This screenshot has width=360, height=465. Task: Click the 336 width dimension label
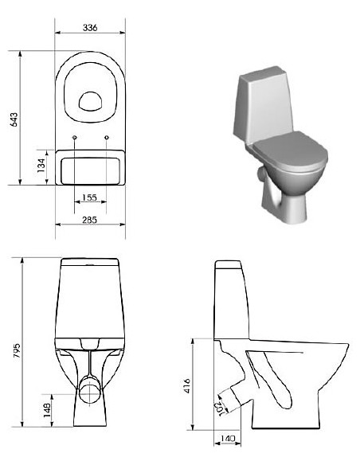89,27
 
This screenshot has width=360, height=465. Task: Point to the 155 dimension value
89,197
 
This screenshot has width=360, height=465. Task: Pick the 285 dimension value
89,219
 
